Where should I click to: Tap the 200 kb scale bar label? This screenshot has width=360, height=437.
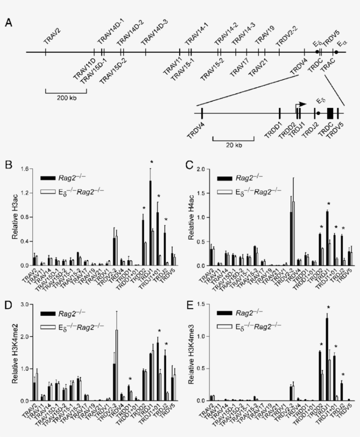[66, 98]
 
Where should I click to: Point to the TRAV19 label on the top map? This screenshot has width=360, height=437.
[265, 35]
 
